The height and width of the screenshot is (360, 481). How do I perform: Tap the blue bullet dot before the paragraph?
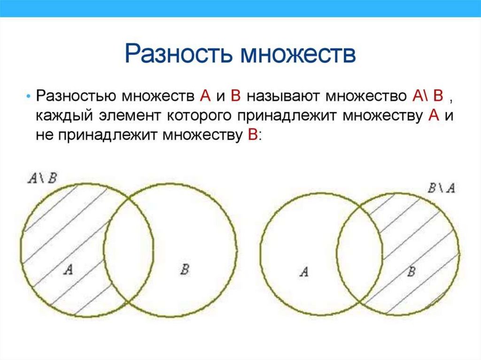[x=29, y=96]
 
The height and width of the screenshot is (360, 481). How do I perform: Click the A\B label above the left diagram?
[x=42, y=178]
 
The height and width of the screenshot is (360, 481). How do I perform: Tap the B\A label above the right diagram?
[x=441, y=188]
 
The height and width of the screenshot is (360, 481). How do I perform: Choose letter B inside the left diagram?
[x=185, y=269]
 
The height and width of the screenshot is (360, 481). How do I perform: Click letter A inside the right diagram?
[x=304, y=271]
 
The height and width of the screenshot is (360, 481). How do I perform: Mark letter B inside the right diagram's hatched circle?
[x=411, y=271]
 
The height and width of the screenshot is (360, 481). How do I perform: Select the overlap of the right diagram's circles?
[x=359, y=253]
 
